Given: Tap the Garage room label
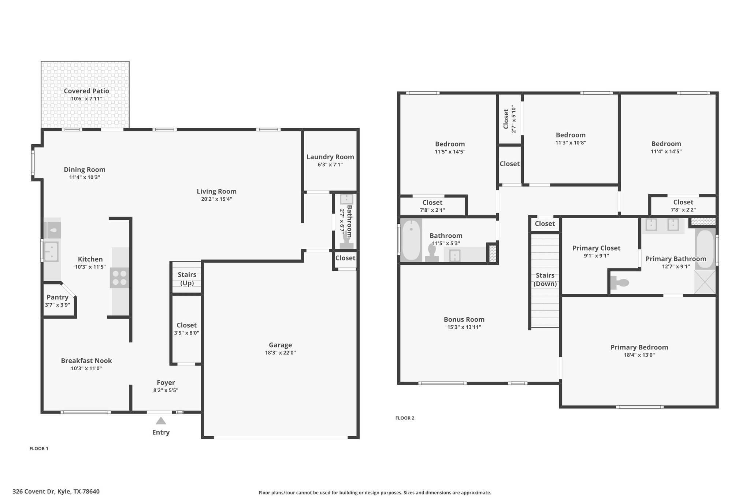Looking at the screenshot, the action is click(281, 345).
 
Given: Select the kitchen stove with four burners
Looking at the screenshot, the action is click(120, 278).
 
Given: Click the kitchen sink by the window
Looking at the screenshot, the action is click(51, 252).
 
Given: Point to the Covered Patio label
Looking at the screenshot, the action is click(86, 91).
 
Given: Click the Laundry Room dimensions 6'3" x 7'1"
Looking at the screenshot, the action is click(330, 165).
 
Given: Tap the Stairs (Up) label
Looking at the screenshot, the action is click(187, 279).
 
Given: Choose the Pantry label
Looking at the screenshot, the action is click(57, 297).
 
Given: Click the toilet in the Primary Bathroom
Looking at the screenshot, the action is click(620, 282).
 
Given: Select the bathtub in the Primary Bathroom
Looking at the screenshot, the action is click(705, 249).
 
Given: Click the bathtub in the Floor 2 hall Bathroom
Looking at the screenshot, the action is click(411, 240).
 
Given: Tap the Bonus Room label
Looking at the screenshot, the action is click(464, 319).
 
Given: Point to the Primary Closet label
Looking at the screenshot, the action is click(597, 248).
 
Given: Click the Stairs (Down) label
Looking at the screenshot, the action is click(545, 279).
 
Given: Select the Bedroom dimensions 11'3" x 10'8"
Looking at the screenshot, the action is click(571, 143).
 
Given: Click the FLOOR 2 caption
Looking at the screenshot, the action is click(405, 418).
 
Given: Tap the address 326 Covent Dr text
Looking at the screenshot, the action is click(34, 492).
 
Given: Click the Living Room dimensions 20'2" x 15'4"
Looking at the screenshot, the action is click(216, 199).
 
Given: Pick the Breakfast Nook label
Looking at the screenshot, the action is click(86, 360).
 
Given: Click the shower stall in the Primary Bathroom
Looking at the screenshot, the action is click(705, 282).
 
